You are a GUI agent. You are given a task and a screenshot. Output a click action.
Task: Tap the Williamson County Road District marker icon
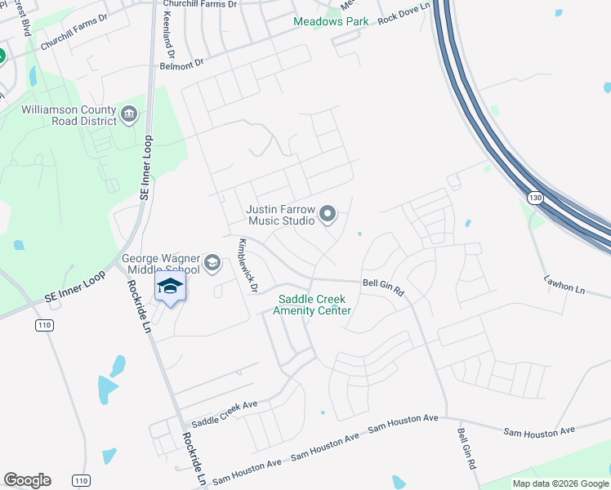pos(129,114)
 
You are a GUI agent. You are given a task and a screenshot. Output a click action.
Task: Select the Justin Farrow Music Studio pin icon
pos(328,215)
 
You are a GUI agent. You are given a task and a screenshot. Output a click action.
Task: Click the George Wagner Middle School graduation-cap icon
pos(212,262)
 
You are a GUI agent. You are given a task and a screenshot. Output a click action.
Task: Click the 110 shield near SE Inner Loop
pos(45,325)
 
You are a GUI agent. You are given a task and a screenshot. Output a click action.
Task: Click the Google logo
pos(27,480)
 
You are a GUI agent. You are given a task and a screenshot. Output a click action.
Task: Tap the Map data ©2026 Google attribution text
pos(560,483)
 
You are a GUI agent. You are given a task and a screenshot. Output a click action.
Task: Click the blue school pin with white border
pos(170,287)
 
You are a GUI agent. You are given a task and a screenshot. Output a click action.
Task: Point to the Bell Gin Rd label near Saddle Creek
pos(384,285)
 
